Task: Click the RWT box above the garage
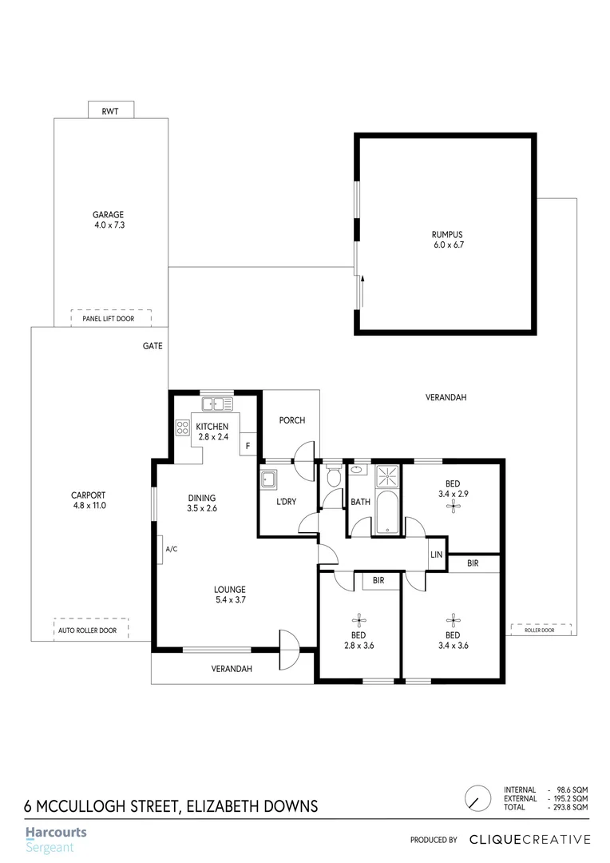point(110,110)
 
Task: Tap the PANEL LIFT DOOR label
point(111,319)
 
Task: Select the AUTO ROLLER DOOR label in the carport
point(87,630)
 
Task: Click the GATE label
point(153,346)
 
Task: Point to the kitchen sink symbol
point(217,404)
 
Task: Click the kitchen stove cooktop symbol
point(181,427)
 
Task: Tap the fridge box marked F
point(248,445)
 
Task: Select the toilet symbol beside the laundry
point(334,478)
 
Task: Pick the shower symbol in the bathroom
point(387,477)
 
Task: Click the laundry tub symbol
point(268,479)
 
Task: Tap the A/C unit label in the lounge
point(170,549)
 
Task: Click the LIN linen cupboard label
point(436,554)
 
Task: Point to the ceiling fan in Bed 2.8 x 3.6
point(358,619)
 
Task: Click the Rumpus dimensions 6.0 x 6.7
point(447,245)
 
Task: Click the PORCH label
point(291,420)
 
